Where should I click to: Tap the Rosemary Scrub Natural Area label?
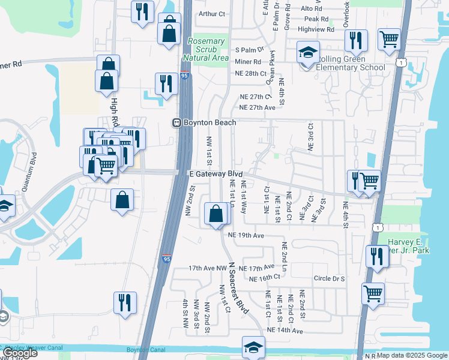[x=206, y=50]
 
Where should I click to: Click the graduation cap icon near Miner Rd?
[x=308, y=53]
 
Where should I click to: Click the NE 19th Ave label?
[x=247, y=236]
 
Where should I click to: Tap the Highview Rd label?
[x=315, y=29]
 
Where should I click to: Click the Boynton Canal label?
[x=145, y=350]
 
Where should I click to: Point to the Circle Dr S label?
[x=329, y=278]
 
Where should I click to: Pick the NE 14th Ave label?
[x=285, y=331]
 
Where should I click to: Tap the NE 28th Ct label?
[x=250, y=73]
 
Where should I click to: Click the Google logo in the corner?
[x=20, y=353]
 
